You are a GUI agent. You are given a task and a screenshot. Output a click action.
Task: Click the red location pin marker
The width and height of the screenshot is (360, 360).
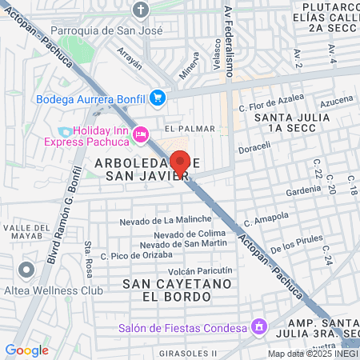pos(181,162)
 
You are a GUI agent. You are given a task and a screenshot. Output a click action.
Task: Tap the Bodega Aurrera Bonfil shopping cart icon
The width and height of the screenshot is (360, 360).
pos(158,98)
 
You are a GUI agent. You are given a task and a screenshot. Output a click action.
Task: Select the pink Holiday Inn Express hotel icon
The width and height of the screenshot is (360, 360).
pos(142,134)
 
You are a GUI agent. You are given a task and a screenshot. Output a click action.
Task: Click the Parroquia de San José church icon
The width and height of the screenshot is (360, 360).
pos(142,10)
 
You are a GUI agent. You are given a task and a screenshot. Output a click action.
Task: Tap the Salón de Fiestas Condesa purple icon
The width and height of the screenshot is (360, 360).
pos(258,326)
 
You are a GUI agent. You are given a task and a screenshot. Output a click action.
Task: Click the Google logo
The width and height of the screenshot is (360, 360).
pos(26,350)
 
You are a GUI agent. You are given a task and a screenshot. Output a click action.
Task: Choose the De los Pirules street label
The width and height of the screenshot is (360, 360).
pos(297,244)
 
